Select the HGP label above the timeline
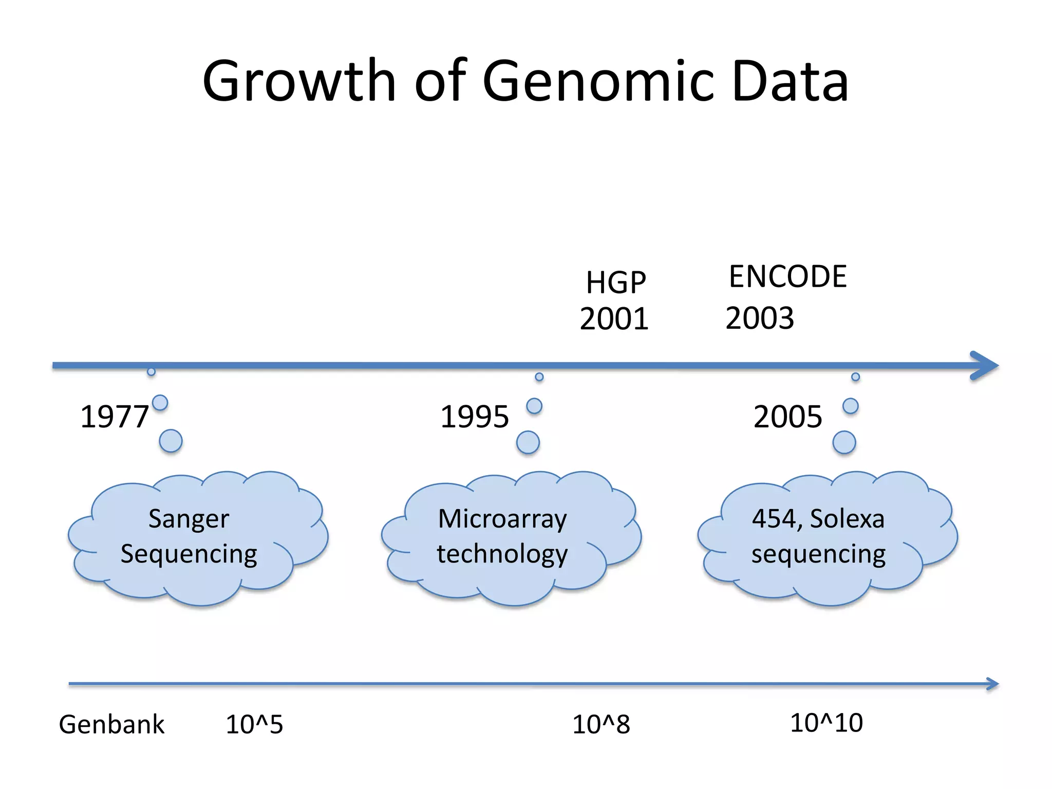click(x=615, y=283)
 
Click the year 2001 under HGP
click(x=614, y=319)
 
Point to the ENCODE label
click(x=787, y=277)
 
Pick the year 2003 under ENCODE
click(x=760, y=318)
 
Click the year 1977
click(x=115, y=417)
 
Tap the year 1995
click(x=475, y=417)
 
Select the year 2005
click(x=787, y=417)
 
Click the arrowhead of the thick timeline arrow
click(x=985, y=366)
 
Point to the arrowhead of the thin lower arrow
click(x=992, y=684)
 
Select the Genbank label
click(x=111, y=725)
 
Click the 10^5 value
click(x=254, y=725)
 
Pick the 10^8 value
click(x=601, y=725)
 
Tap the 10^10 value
click(x=826, y=723)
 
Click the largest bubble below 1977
click(x=171, y=441)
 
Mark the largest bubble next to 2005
click(x=844, y=442)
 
